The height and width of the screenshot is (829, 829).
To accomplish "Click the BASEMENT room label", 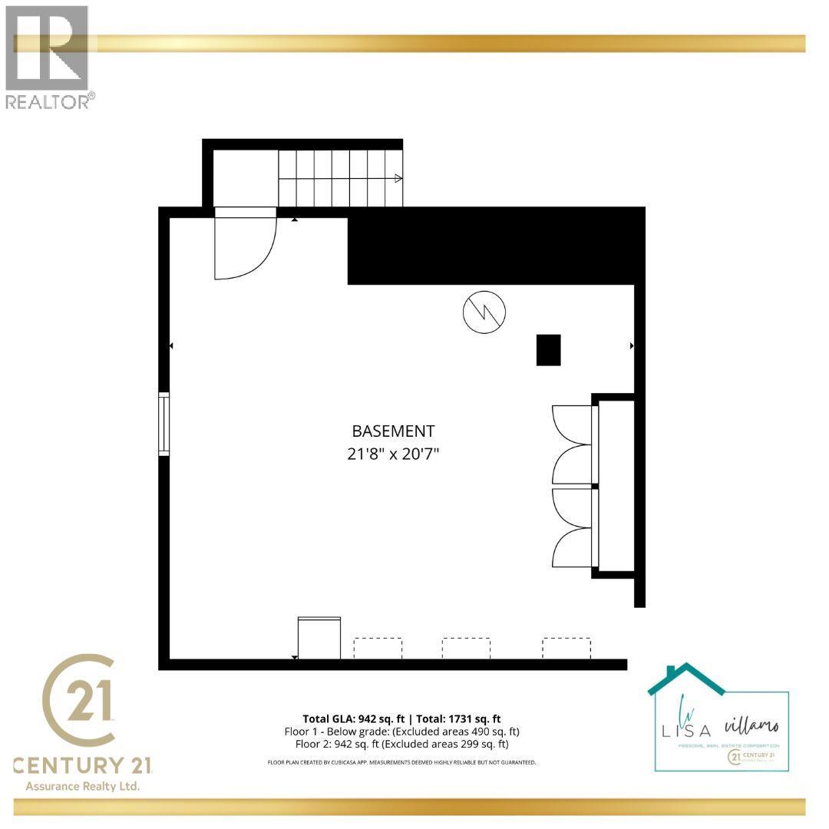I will pyautogui.click(x=393, y=431).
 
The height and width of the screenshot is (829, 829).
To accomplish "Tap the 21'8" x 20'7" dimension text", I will pyautogui.click(x=393, y=454).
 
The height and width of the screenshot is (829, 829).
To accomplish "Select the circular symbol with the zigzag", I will pyautogui.click(x=484, y=312).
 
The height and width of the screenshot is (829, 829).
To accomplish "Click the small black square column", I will pyautogui.click(x=548, y=350).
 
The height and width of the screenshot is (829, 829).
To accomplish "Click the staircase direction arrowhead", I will pyautogui.click(x=398, y=178).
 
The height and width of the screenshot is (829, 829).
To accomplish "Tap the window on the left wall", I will pyautogui.click(x=163, y=424).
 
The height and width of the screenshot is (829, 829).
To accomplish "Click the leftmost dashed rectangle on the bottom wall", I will pyautogui.click(x=377, y=648).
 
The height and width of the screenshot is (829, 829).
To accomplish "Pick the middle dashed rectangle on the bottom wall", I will pyautogui.click(x=466, y=648).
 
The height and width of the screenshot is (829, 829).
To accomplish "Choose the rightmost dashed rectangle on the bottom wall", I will pyautogui.click(x=566, y=648).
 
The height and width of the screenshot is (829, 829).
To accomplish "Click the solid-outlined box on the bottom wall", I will pyautogui.click(x=319, y=638).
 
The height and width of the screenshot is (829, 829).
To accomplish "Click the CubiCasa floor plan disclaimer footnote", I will pyautogui.click(x=401, y=762).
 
